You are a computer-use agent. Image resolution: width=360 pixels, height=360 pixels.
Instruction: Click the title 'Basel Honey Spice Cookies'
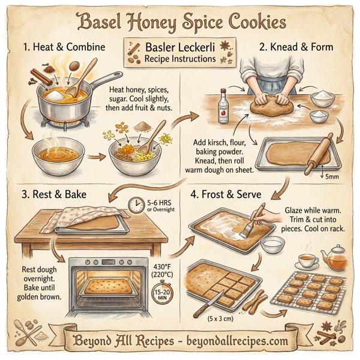coord(180,23)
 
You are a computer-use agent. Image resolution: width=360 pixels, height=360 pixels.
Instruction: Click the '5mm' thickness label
coord(332,176)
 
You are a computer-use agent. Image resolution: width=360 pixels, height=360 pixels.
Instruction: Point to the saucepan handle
coord(103,79)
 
